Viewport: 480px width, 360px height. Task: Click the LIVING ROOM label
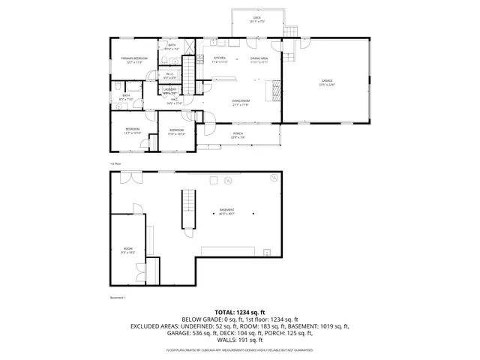coord(240,102)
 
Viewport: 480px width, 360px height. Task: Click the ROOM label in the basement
coord(128,250)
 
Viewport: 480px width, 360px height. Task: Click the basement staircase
coord(187,211)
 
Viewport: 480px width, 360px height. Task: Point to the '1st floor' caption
coord(115,162)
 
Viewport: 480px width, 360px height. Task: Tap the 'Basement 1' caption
coord(118,298)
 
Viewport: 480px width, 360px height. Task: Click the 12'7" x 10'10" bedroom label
coord(132,131)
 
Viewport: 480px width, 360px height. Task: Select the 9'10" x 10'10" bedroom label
coord(176,132)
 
